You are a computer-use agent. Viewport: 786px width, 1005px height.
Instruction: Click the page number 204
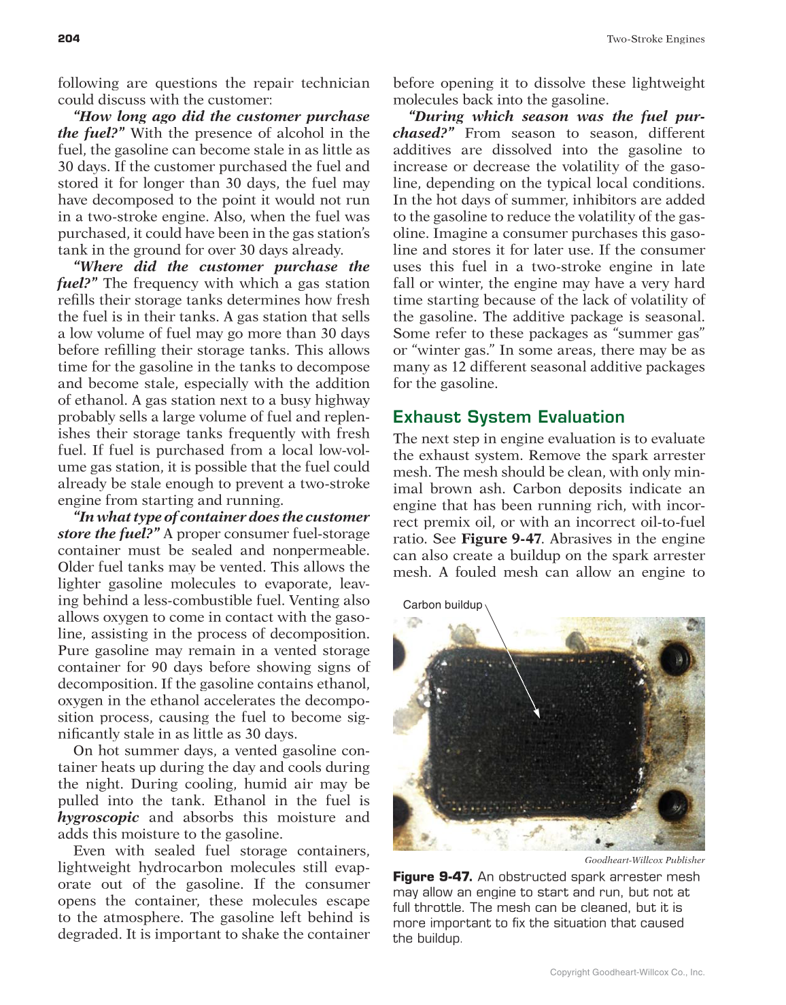(x=69, y=39)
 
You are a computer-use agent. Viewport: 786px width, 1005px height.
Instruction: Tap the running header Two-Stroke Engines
(x=655, y=39)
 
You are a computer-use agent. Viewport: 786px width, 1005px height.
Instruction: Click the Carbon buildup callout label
(x=442, y=605)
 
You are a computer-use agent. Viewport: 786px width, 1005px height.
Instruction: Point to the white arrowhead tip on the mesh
(x=538, y=716)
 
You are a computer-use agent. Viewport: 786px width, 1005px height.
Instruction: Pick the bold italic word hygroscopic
(x=98, y=817)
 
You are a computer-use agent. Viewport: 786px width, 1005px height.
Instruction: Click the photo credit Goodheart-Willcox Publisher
(x=644, y=860)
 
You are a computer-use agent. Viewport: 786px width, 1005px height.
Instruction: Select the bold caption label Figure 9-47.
(x=432, y=877)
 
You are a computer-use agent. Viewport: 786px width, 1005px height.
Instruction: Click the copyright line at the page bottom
(x=627, y=972)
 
